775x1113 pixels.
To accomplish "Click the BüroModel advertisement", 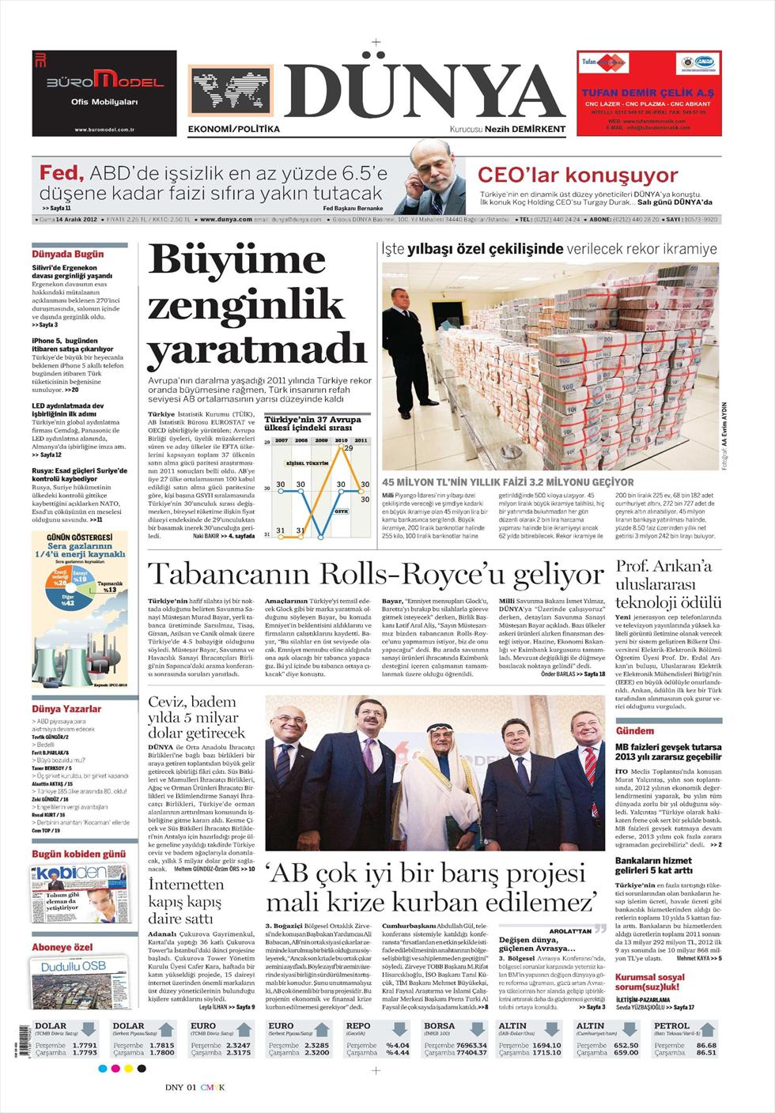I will click(x=104, y=93).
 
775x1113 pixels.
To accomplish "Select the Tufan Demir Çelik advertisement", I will click(x=648, y=93).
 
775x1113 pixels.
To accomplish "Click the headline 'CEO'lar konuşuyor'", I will click(x=577, y=175).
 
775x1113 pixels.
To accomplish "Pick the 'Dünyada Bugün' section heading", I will click(x=68, y=255).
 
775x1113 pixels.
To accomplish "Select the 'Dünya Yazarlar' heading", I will click(x=66, y=709).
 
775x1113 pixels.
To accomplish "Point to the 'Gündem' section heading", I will click(x=635, y=730).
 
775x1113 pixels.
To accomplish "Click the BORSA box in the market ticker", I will click(x=455, y=1039).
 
